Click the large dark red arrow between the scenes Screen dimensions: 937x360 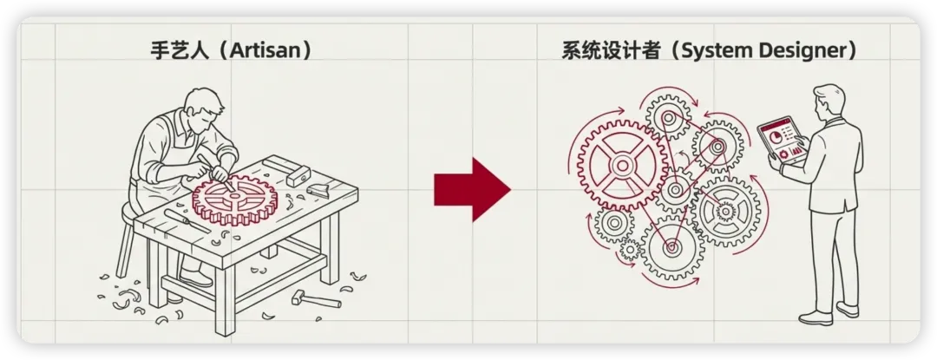(x=472, y=190)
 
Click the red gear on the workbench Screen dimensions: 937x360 (x=235, y=196)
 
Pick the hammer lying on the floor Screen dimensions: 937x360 (x=316, y=298)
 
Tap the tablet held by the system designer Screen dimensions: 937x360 (x=781, y=141)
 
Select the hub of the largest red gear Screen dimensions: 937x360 (x=621, y=164)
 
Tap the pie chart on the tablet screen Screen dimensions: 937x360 (x=776, y=137)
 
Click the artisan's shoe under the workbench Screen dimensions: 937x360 (x=195, y=277)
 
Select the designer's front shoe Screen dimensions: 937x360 (x=815, y=318)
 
